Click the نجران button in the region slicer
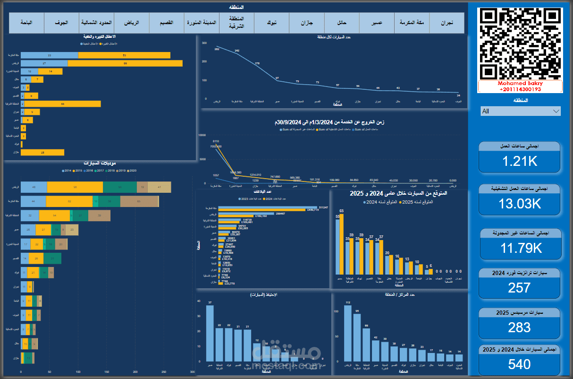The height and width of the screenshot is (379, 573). [x=447, y=23]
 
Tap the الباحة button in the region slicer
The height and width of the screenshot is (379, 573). [x=26, y=23]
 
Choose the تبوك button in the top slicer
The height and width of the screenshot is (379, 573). [x=271, y=23]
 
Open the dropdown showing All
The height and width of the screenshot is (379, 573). [x=520, y=111]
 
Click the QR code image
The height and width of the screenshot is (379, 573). [x=520, y=43]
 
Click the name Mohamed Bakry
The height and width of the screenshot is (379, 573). [x=520, y=83]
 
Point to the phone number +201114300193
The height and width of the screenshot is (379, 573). [x=520, y=89]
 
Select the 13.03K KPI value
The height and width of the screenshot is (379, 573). [x=520, y=204]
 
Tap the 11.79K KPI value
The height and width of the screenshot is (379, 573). [x=520, y=248]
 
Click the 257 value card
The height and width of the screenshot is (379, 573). [x=520, y=287]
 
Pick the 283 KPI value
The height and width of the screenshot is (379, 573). [x=520, y=327]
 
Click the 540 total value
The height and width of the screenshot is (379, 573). [x=520, y=364]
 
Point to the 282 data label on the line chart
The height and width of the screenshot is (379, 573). [x=217, y=49]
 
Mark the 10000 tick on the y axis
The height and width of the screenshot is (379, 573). [x=202, y=135]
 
